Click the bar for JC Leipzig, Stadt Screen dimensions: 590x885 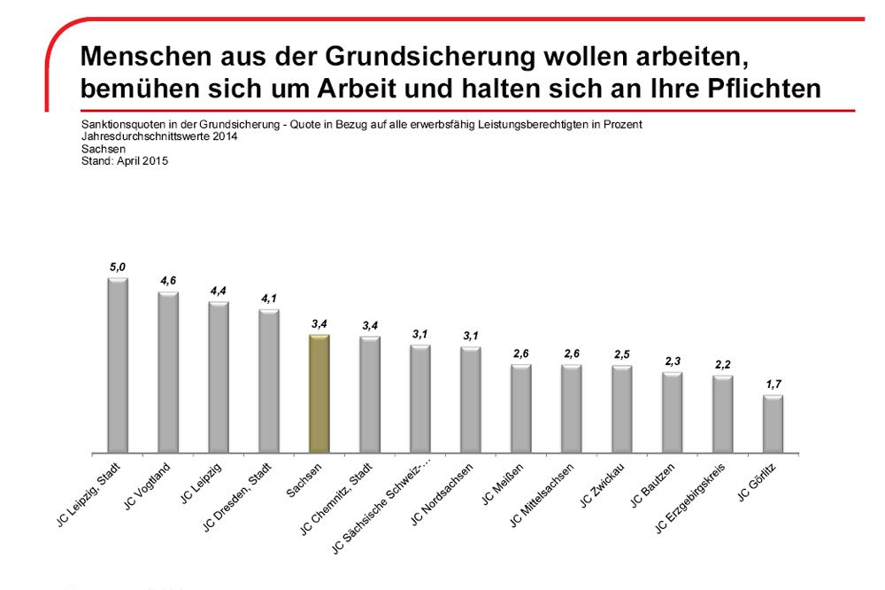coord(118,365)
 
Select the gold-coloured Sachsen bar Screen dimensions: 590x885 coord(319,393)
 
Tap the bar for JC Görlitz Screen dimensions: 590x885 coord(773,423)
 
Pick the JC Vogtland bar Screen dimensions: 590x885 coord(168,372)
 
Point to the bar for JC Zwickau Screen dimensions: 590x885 coord(621,408)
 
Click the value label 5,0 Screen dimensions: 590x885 coord(118,266)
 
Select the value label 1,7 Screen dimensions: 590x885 coord(773,384)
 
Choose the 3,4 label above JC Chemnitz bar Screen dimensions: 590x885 coord(369,326)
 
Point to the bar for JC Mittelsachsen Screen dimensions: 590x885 coord(571,408)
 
